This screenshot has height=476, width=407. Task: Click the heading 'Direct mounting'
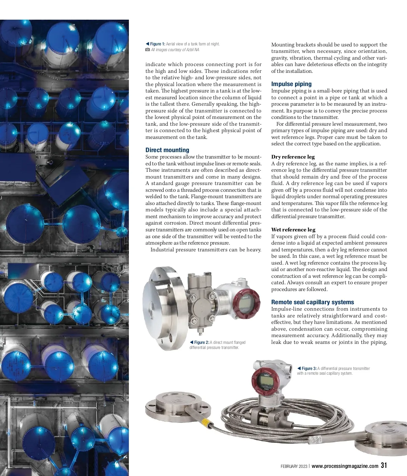(x=167, y=150)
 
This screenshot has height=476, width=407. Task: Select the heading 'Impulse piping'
(x=291, y=84)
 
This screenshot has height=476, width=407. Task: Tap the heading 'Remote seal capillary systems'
(x=312, y=302)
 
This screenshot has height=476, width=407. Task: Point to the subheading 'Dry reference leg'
(x=293, y=157)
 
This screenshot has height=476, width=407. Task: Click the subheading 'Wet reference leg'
(x=293, y=230)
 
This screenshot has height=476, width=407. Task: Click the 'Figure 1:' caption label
(x=158, y=44)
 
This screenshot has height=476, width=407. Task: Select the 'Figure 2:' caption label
(x=202, y=343)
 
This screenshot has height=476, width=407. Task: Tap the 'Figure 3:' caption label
(x=309, y=369)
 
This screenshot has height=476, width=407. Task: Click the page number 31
(x=384, y=465)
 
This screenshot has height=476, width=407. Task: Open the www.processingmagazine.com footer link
(x=345, y=466)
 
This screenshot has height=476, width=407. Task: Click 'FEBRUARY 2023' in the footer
(x=294, y=467)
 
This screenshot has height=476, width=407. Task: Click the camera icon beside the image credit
(x=148, y=50)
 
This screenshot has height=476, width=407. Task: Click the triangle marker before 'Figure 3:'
(x=299, y=368)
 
